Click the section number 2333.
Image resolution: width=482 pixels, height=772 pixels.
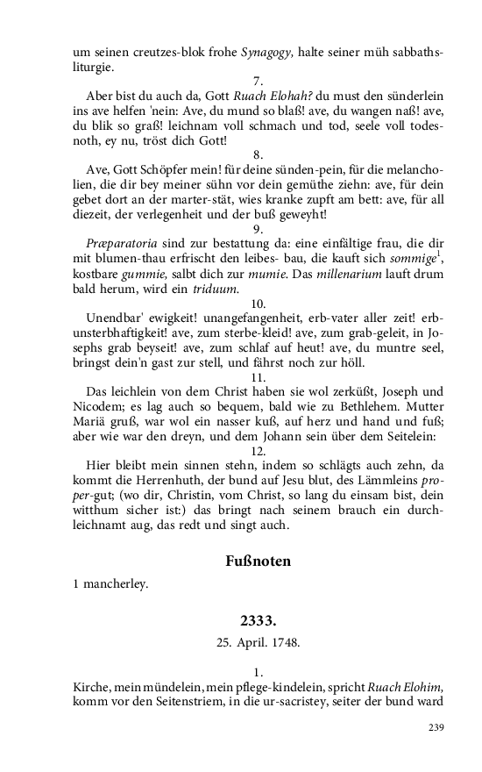point(259,621)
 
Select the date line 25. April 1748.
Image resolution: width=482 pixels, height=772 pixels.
point(259,642)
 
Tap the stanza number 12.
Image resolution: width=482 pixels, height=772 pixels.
point(259,449)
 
